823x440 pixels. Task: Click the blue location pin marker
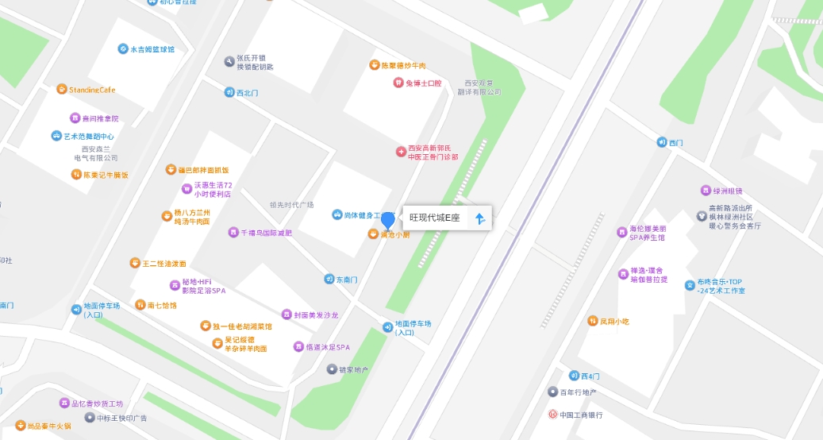(x=388, y=221)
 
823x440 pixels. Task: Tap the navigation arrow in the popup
(x=479, y=218)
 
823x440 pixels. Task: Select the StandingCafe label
(x=91, y=90)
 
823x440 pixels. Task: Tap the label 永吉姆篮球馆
(x=152, y=49)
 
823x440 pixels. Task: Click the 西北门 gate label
(x=247, y=93)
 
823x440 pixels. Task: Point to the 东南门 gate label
(x=347, y=280)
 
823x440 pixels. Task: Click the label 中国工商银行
(x=581, y=415)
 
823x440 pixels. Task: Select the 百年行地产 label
(x=577, y=392)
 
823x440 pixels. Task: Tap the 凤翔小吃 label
(x=613, y=322)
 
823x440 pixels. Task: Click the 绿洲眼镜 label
(x=727, y=191)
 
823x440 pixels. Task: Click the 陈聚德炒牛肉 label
(x=403, y=65)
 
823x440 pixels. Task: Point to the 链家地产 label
(x=353, y=369)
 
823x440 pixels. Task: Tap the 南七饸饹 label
(x=161, y=305)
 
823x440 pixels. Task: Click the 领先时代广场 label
(x=291, y=205)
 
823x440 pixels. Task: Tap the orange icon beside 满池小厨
(x=372, y=234)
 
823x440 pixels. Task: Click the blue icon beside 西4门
(x=574, y=376)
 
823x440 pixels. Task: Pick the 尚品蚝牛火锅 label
(x=48, y=426)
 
